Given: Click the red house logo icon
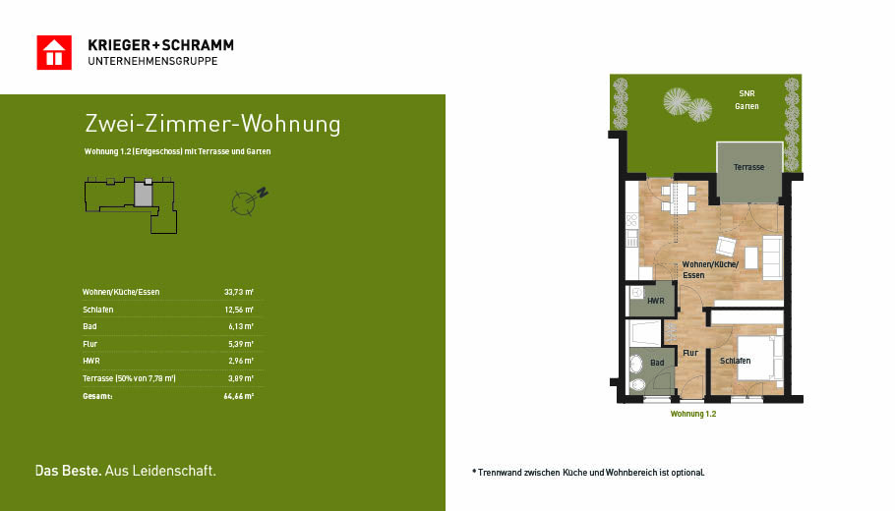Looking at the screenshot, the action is coord(54,52).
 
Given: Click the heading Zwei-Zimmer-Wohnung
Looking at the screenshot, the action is coord(212,124).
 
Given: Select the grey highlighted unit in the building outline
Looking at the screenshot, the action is coord(144,194).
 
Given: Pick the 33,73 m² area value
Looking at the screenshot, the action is coord(239,292).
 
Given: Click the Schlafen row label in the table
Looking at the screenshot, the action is coord(98,310).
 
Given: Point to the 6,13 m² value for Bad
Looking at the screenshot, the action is coord(241,327).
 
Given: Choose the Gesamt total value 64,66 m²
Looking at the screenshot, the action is coord(239,396).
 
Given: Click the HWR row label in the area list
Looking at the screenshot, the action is coord(91,361).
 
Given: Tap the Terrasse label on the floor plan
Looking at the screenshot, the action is coord(748,167).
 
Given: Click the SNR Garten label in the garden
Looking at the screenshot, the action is coord(746,100).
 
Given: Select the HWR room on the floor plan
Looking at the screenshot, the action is coord(652,299).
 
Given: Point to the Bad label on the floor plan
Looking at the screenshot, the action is coord(657,363).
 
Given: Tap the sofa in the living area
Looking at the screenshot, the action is coord(772,257).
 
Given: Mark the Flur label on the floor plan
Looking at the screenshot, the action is coord(690,353).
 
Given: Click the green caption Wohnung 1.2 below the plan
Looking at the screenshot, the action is coord(693,414).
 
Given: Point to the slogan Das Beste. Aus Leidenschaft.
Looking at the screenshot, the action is coord(126,471).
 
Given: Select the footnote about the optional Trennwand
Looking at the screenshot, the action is coord(588,473).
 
